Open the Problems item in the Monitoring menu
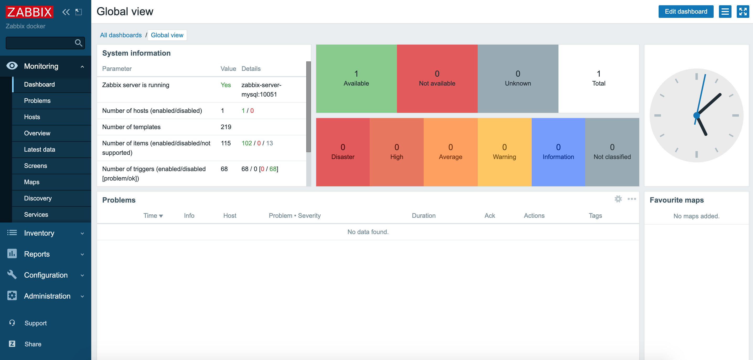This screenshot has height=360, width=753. pyautogui.click(x=37, y=100)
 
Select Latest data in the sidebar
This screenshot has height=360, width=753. pyautogui.click(x=40, y=150)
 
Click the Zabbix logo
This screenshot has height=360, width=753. pyautogui.click(x=30, y=12)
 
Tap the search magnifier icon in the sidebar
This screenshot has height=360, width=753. pyautogui.click(x=78, y=43)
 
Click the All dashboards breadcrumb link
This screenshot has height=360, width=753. pyautogui.click(x=121, y=35)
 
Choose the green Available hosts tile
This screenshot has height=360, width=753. pyautogui.click(x=356, y=78)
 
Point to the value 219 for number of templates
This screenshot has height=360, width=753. pyautogui.click(x=226, y=127)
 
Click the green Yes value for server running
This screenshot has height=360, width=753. pyautogui.click(x=225, y=85)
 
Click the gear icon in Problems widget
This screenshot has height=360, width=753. pyautogui.click(x=618, y=199)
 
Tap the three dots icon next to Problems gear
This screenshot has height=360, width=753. pyautogui.click(x=631, y=199)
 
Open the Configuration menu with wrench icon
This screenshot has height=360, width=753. pyautogui.click(x=45, y=275)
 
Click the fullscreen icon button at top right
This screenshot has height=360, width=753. pyautogui.click(x=743, y=12)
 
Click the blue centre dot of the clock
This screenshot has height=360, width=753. pyautogui.click(x=696, y=115)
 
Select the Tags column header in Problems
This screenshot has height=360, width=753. pyautogui.click(x=595, y=215)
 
